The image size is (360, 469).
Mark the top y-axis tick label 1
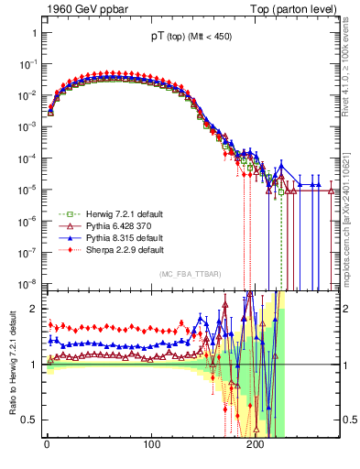34,33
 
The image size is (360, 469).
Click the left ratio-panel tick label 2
34,309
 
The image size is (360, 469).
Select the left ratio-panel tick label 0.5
29,420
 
